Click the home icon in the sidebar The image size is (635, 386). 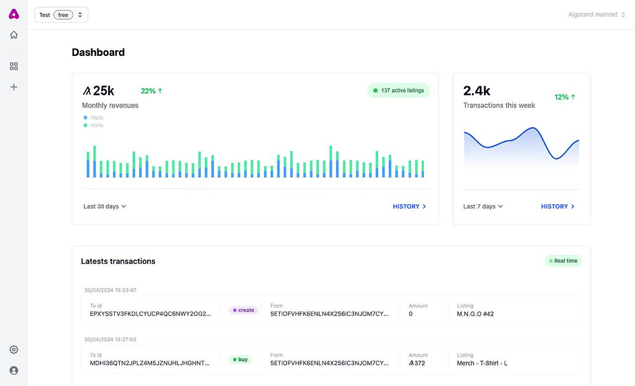pyautogui.click(x=14, y=35)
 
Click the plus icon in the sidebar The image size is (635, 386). pyautogui.click(x=14, y=87)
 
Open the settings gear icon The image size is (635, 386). pyautogui.click(x=14, y=349)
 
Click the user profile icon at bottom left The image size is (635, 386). pyautogui.click(x=14, y=370)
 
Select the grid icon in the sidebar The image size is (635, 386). pyautogui.click(x=14, y=66)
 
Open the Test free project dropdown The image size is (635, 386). pyautogui.click(x=61, y=15)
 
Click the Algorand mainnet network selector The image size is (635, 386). pyautogui.click(x=597, y=15)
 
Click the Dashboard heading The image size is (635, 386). pyautogui.click(x=98, y=53)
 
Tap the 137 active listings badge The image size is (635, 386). pyautogui.click(x=398, y=91)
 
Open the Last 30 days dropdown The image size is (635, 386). pyautogui.click(x=105, y=207)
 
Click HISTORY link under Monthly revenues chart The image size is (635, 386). pyautogui.click(x=409, y=207)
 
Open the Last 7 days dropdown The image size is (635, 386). pyautogui.click(x=483, y=207)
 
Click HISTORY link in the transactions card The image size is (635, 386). pyautogui.click(x=557, y=207)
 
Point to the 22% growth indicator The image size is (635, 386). pyautogui.click(x=151, y=91)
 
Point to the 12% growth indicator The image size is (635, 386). pyautogui.click(x=565, y=97)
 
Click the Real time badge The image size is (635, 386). pyautogui.click(x=563, y=261)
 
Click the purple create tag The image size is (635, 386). pyautogui.click(x=244, y=310)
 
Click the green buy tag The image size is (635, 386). pyautogui.click(x=240, y=359)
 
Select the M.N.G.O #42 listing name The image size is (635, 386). pyautogui.click(x=475, y=314)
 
